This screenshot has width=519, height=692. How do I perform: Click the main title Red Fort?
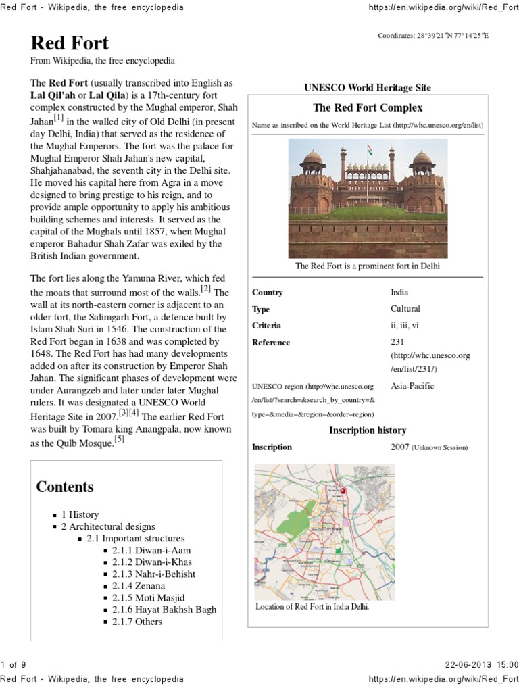click(70, 43)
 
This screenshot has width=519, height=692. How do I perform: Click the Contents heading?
click(65, 487)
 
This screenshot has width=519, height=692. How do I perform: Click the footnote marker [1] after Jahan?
click(59, 118)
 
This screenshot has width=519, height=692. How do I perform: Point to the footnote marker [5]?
click(119, 439)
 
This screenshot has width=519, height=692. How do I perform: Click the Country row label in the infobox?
click(267, 293)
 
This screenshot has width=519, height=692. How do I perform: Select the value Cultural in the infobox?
click(405, 309)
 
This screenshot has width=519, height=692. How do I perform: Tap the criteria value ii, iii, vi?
click(405, 325)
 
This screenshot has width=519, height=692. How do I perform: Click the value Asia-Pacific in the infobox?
click(412, 386)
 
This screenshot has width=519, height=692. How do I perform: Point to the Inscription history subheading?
click(367, 430)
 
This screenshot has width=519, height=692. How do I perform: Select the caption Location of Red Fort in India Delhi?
click(312, 606)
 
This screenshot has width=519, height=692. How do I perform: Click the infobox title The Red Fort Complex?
click(368, 107)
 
